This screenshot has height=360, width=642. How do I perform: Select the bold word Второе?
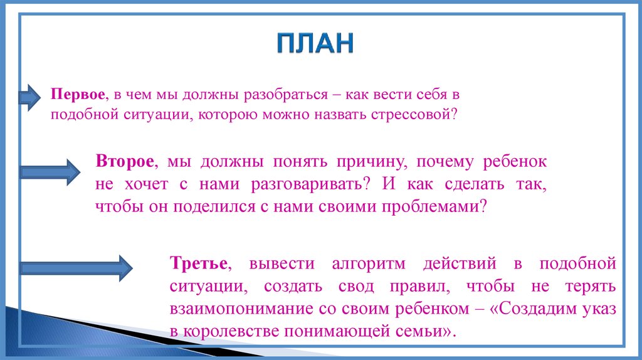125,161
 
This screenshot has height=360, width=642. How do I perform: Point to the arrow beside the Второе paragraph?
50,171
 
